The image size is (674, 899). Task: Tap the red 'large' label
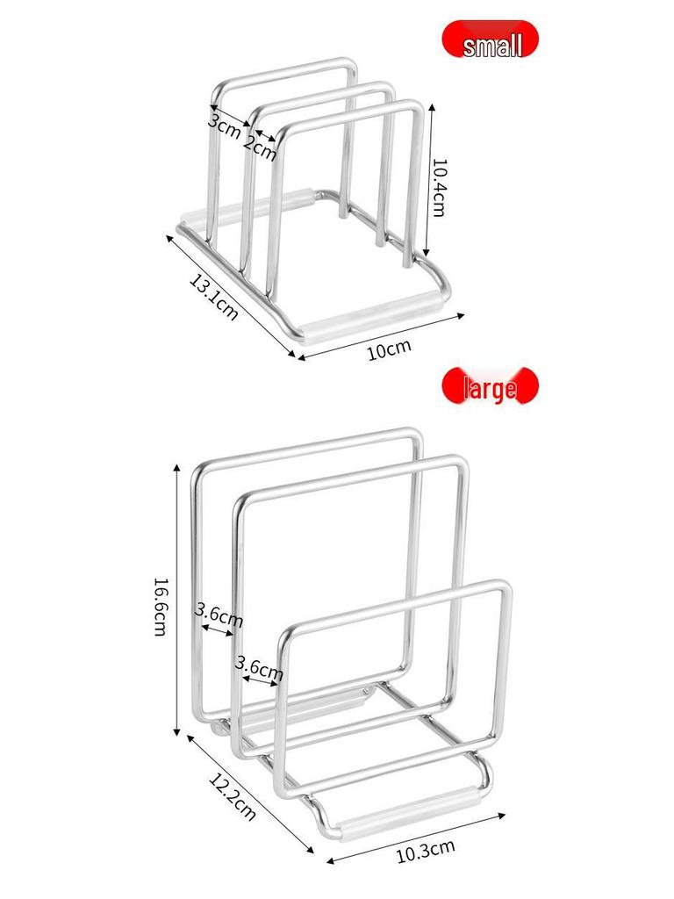490,387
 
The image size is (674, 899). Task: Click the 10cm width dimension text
389,349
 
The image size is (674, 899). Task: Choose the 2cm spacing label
261,147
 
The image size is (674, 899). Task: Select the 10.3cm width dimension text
425,849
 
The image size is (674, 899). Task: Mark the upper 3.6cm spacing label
219,614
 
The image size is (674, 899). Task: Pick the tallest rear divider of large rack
307,447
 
